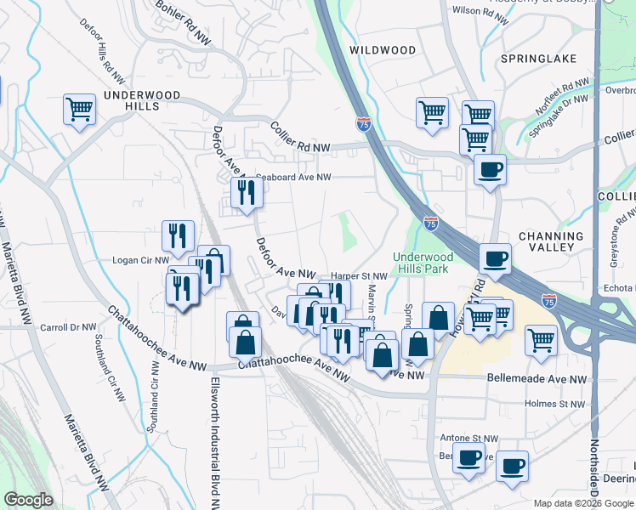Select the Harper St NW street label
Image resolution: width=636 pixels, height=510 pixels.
coord(359,276)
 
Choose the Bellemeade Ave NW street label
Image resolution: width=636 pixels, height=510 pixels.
coord(537,378)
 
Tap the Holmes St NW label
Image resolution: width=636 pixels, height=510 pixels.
coord(554,404)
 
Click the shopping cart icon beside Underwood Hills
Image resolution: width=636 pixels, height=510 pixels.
coord(79,109)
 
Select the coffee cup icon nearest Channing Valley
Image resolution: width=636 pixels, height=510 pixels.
coord(494,257)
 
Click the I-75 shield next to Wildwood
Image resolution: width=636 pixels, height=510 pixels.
coord(364,124)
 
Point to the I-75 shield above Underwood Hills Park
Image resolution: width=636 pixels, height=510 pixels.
coord(431,224)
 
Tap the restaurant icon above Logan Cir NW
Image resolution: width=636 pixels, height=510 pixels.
coord(178,235)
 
